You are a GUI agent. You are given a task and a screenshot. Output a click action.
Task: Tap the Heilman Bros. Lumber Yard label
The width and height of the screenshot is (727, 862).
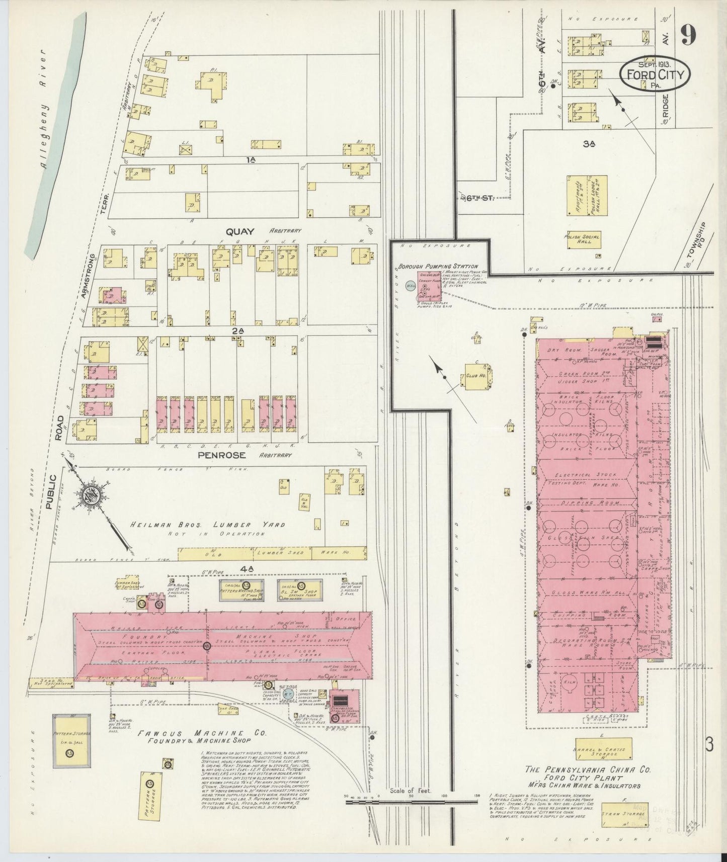[207, 525]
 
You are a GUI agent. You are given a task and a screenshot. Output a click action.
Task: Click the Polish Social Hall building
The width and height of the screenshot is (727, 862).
[584, 239]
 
